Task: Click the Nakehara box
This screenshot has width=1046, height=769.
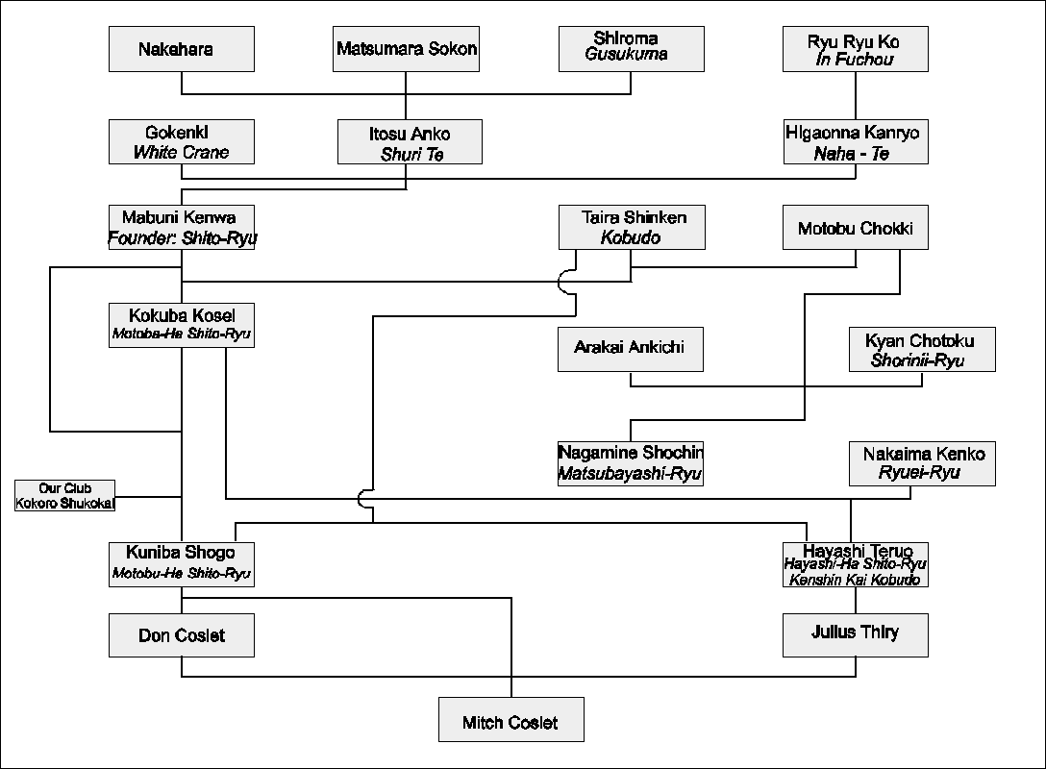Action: pos(182,49)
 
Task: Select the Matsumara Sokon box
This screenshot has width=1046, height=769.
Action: pos(407,49)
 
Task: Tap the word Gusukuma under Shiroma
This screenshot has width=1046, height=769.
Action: pos(626,55)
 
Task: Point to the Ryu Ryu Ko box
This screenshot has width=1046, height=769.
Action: pos(855,49)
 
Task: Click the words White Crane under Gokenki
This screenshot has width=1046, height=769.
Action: pos(182,152)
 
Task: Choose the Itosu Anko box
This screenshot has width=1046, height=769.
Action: pos(410,141)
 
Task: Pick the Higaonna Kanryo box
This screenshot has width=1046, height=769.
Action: pos(855,141)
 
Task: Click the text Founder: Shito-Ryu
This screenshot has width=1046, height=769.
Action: pos(182,237)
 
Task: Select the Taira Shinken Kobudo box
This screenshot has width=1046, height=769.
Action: pos(631,227)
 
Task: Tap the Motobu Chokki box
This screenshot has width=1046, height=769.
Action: pos(855,228)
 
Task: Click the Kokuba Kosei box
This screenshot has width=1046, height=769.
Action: pos(182,324)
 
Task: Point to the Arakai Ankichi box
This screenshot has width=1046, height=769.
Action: pos(631,348)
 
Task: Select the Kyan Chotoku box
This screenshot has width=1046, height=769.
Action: pos(921,350)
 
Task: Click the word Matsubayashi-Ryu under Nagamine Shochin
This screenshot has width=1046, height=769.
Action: pos(631,473)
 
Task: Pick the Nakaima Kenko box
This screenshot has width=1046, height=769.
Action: pos(921,462)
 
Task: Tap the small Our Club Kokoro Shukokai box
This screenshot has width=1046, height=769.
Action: pos(65,496)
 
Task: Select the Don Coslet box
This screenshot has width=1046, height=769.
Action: pos(182,635)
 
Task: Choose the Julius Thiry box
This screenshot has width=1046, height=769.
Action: pos(855,633)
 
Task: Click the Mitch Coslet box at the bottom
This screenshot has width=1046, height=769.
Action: pos(511,721)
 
